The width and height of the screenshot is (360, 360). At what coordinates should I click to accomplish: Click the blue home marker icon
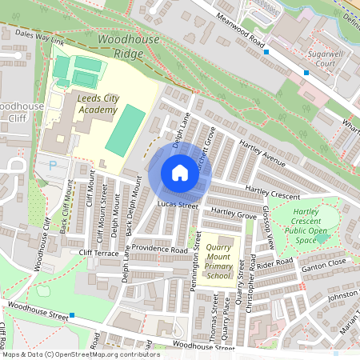[179, 173]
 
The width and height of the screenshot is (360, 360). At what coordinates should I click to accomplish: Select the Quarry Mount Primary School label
[218, 261]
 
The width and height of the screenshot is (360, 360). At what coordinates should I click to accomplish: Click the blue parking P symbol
[54, 166]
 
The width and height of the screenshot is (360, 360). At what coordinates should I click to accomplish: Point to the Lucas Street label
[177, 206]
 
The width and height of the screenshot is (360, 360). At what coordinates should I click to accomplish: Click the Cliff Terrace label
[98, 253]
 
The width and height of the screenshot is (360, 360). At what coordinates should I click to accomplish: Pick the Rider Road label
[276, 263]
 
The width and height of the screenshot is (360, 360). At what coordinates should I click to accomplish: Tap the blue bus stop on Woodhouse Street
[71, 315]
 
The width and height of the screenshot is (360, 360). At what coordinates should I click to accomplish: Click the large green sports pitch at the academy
[126, 130]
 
